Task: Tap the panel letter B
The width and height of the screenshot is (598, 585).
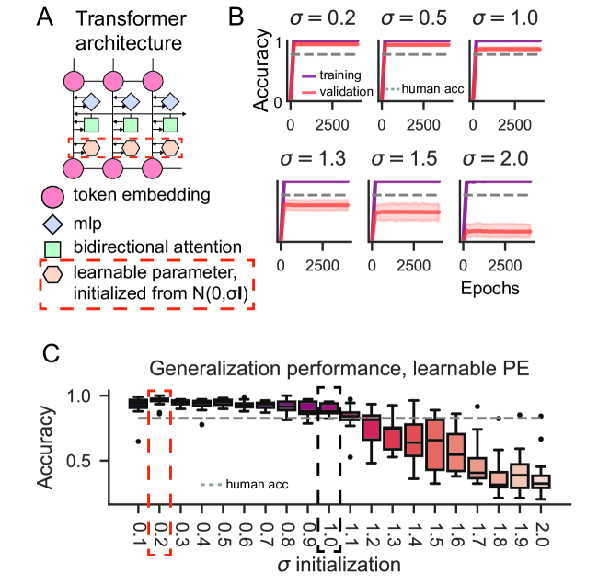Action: coord(235,16)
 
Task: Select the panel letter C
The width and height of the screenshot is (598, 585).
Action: coord(55,354)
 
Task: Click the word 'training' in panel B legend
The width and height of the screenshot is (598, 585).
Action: coord(342,75)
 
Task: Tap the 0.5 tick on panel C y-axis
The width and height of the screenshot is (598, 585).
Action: coord(93,460)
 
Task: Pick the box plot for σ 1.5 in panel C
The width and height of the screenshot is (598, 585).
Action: coord(435,444)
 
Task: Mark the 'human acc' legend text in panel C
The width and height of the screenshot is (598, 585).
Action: coord(254,483)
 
